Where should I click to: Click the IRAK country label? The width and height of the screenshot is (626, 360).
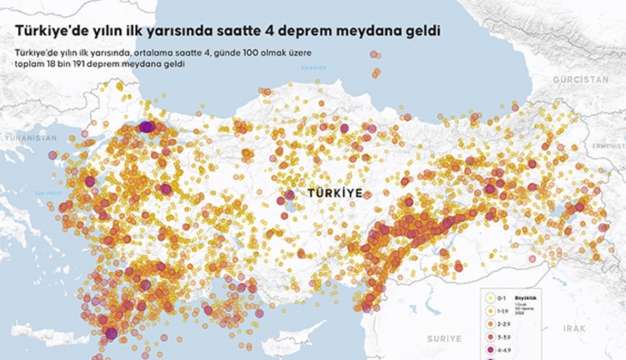(574, 328)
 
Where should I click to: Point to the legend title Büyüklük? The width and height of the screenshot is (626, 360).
(523, 290)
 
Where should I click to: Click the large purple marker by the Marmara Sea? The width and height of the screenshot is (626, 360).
(147, 127)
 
